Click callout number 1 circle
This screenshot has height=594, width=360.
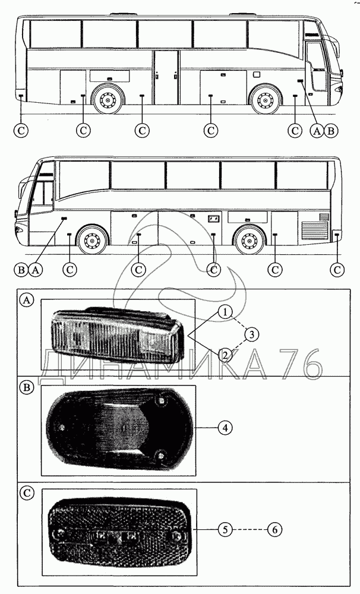(224, 311)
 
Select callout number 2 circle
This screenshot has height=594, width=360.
(224, 356)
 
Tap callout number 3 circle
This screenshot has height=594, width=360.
(251, 334)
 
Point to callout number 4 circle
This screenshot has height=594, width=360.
(224, 426)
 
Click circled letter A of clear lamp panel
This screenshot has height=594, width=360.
(27, 301)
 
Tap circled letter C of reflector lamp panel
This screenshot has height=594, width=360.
(27, 492)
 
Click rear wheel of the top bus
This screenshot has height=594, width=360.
(108, 100)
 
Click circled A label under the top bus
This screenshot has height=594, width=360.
(317, 130)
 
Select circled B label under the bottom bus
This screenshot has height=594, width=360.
(21, 270)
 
